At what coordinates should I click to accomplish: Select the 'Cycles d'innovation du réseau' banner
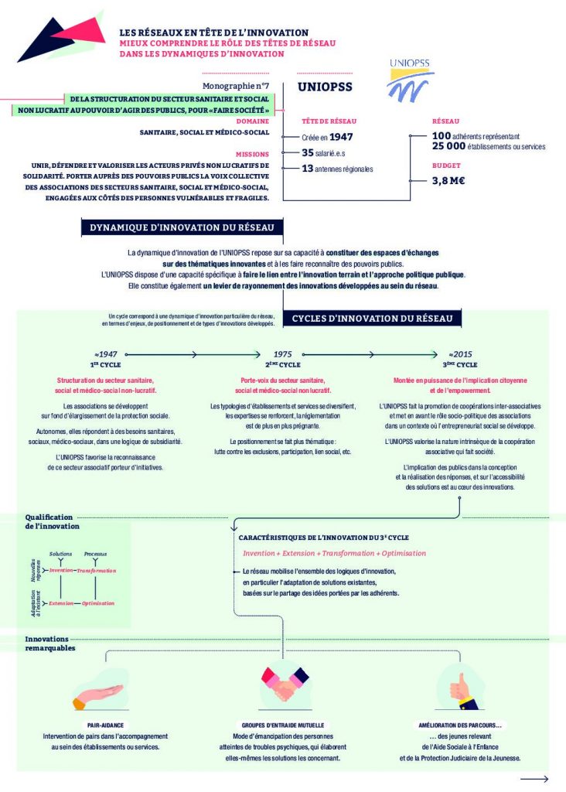[x=377, y=318]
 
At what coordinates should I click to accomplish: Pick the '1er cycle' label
[x=104, y=364]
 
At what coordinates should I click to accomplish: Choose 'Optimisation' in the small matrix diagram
[x=98, y=603]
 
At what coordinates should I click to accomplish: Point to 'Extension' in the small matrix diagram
[x=61, y=603]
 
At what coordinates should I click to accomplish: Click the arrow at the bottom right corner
[x=540, y=779]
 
